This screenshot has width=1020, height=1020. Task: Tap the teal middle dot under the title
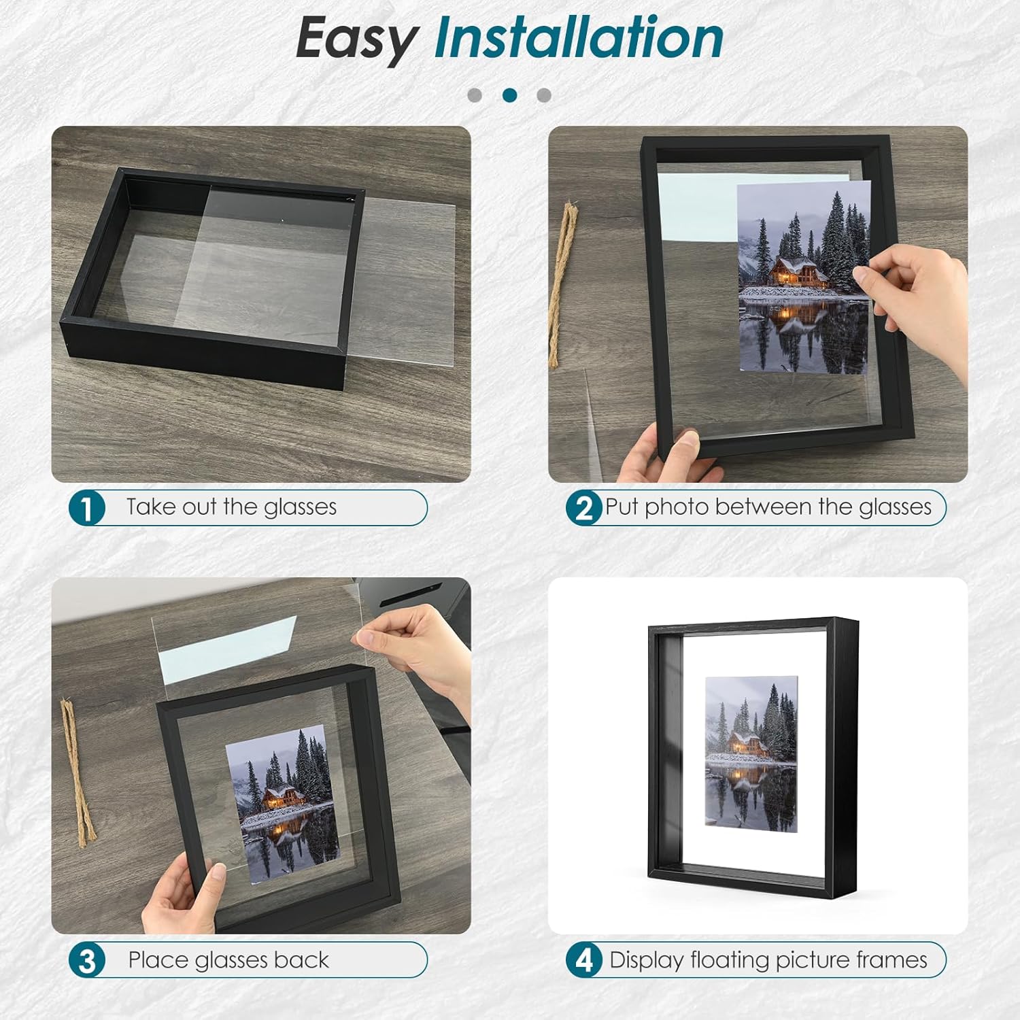[x=509, y=95]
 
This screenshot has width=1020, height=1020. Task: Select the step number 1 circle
[x=87, y=507]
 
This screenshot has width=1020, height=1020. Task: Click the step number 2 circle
[x=584, y=507]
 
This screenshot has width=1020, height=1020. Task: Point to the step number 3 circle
[x=87, y=960]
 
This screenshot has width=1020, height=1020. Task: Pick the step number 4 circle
[x=584, y=960]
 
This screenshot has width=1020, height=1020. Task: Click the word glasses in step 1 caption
[x=300, y=508]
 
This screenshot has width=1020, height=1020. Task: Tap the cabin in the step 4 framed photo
[x=748, y=744]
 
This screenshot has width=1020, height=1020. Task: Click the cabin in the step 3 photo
[x=283, y=797]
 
